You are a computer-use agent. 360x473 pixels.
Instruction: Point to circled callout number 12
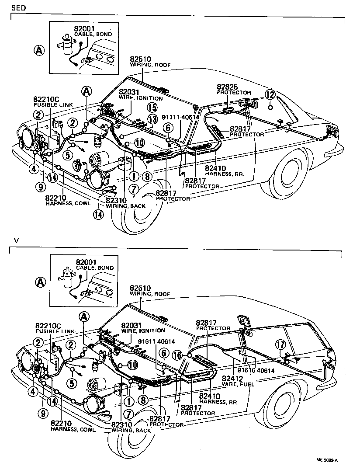[x=271, y=94]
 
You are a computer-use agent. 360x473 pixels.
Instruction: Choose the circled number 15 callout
[x=152, y=107]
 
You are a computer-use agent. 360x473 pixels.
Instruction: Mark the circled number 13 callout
[x=152, y=119]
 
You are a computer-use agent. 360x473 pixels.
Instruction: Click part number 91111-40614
[x=180, y=117]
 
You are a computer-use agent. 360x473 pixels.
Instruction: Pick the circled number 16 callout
[x=177, y=355]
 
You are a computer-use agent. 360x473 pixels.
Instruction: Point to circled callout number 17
[x=280, y=345]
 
